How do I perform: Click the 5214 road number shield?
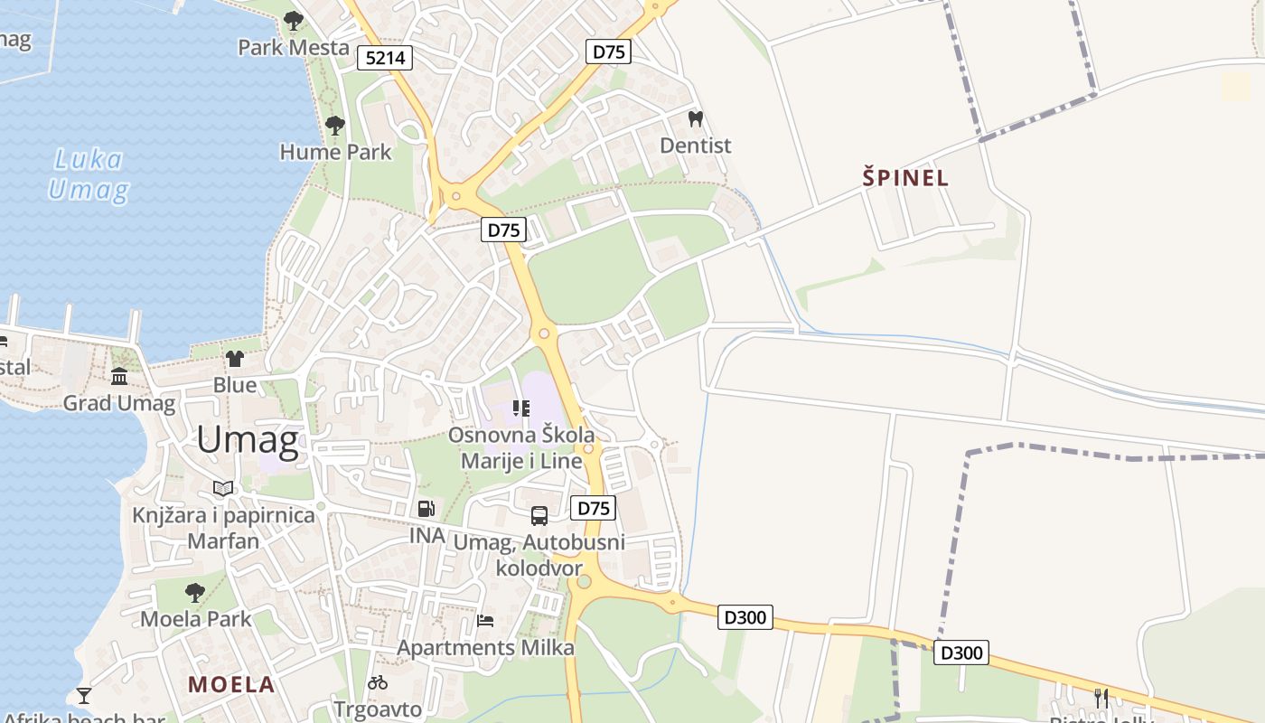coord(385,59)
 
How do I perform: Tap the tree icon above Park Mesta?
coord(293,20)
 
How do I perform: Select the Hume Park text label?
coord(335,152)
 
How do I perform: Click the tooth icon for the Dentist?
coord(695,118)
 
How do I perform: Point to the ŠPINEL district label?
coord(905,178)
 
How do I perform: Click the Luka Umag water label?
coord(88,175)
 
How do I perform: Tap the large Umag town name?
coord(247,440)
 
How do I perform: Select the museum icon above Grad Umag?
coord(119,376)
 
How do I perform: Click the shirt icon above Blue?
coord(235,359)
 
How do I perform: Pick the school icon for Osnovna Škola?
coord(520,408)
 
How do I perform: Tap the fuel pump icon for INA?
coord(426,509)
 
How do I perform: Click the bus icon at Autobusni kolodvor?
coord(539,516)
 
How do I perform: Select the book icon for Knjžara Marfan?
coord(223,489)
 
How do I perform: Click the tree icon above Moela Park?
coord(194,593)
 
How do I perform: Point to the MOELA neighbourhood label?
coord(231,684)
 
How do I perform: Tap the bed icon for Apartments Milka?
coord(485,621)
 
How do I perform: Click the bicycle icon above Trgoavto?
coord(378,682)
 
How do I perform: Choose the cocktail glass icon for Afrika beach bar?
coord(84,695)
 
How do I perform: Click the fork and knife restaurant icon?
coord(1101,698)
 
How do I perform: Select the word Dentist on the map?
coord(695,146)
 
